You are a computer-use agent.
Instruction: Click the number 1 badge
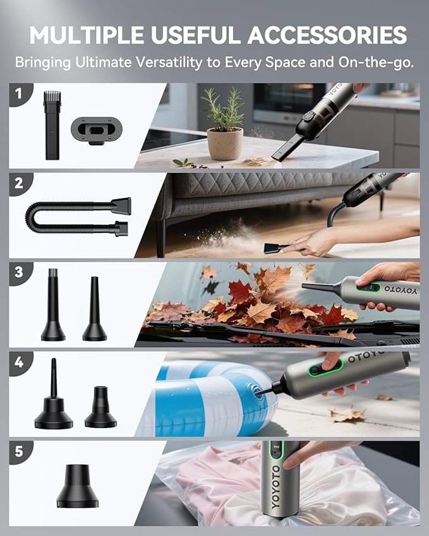point(19,95)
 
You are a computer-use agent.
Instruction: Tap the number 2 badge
point(19,184)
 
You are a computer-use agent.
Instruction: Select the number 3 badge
point(19,273)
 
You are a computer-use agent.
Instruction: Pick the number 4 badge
point(19,363)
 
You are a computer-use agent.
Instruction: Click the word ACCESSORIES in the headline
point(327,35)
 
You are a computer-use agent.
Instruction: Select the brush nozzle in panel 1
point(52,124)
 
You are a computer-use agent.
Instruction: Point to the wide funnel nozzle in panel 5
point(77,487)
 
